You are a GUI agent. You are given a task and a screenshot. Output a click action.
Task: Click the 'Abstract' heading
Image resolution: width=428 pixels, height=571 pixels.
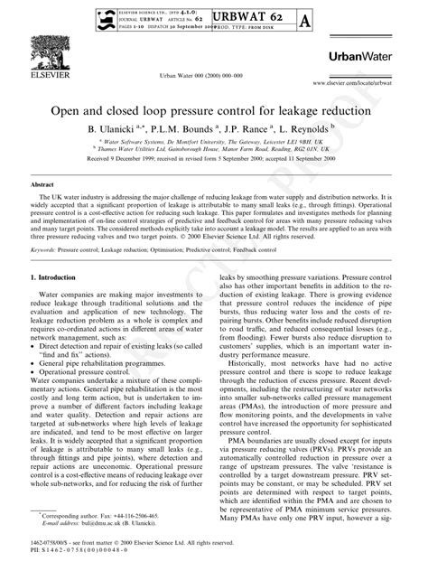[x=45, y=183]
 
